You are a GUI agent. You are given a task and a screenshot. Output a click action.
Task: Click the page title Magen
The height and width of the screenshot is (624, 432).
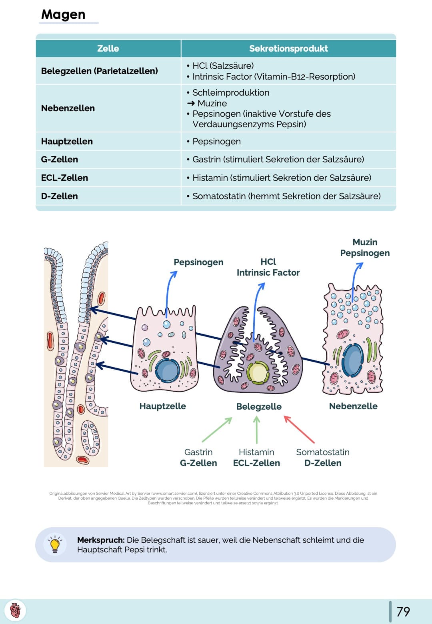click(x=63, y=14)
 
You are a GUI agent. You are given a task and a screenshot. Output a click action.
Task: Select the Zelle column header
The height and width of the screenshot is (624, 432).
click(x=108, y=48)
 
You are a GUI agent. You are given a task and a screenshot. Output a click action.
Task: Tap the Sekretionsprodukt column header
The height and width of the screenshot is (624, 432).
click(x=288, y=48)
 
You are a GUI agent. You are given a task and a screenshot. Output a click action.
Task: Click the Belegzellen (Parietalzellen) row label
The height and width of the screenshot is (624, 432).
click(x=99, y=71)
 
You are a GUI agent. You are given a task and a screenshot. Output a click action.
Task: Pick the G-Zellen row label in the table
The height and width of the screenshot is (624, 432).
click(x=59, y=159)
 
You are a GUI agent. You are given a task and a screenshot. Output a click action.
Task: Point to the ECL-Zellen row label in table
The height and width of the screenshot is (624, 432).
click(x=64, y=178)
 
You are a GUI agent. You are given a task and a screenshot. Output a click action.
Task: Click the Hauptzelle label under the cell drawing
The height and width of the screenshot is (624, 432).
click(x=162, y=406)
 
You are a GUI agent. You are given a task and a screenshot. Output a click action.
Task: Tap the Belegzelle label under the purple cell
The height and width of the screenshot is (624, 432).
click(x=259, y=406)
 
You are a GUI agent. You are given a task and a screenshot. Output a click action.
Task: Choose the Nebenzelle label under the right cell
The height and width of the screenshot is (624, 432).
click(x=353, y=406)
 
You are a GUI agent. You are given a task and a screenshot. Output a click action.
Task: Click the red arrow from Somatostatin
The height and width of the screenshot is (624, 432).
click(x=299, y=429)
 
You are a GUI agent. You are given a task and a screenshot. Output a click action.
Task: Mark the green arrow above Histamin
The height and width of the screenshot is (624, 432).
click(x=256, y=429)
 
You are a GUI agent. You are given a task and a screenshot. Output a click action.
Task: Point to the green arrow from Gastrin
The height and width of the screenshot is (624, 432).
click(x=217, y=430)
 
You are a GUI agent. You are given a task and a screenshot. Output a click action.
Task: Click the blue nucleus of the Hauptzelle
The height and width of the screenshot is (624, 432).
click(x=167, y=370)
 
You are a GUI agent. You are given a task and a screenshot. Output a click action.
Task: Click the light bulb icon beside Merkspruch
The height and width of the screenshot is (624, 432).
click(x=55, y=544)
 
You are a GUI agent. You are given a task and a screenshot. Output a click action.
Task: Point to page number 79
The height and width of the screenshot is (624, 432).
click(x=403, y=611)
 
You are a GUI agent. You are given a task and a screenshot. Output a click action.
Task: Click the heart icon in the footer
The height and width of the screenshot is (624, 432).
click(x=15, y=611)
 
